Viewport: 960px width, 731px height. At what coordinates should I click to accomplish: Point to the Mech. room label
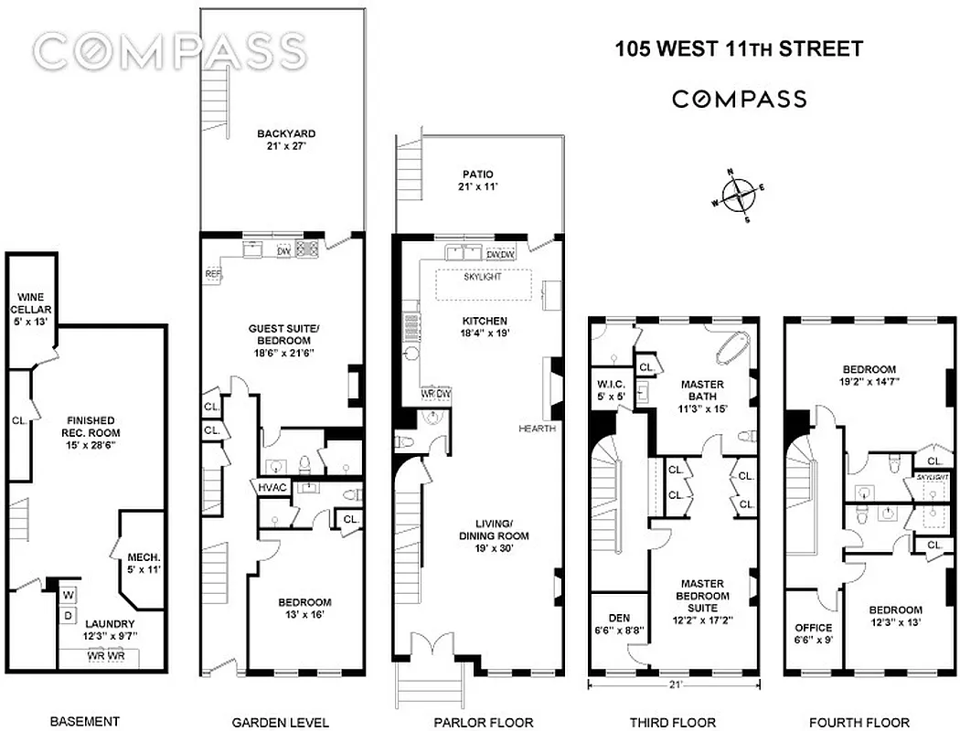[x=144, y=562]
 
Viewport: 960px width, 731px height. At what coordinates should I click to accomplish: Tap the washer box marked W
[x=69, y=595]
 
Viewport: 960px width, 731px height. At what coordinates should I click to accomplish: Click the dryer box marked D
[x=69, y=616]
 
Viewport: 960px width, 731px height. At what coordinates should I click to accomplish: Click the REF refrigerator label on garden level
[x=213, y=273]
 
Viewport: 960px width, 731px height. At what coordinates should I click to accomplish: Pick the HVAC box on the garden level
[x=272, y=488]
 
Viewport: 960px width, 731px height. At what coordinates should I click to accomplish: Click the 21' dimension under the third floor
[x=675, y=683]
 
